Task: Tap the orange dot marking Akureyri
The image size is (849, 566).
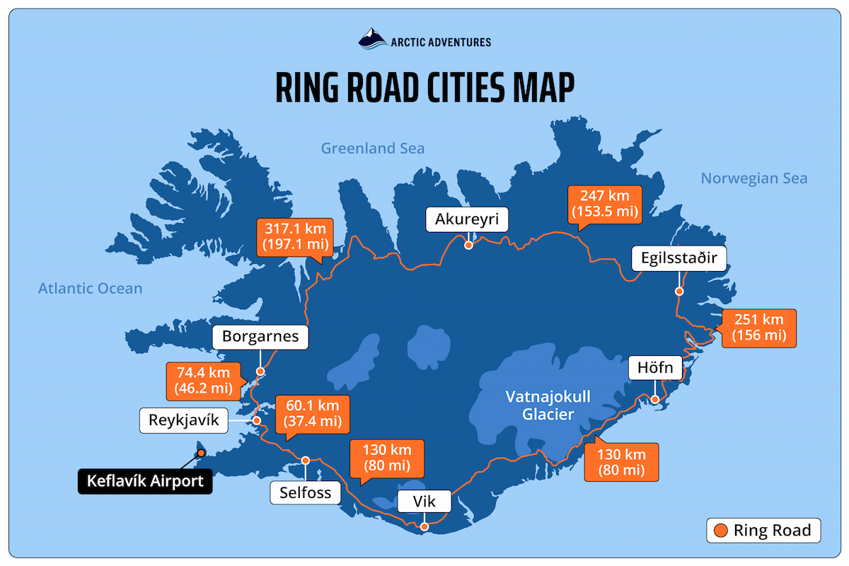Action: coord(468,246)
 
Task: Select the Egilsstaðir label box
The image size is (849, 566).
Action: coord(679,258)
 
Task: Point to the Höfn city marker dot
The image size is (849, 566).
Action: coord(655,400)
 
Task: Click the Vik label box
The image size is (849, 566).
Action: coord(424,502)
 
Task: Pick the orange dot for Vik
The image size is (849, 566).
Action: coord(424,526)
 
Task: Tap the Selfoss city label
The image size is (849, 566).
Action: coord(306,492)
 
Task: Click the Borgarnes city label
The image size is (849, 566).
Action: coord(260,337)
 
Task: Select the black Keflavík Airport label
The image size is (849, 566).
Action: coord(144,482)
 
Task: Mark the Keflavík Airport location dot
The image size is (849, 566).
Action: coord(201,453)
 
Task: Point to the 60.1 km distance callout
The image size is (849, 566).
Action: coord(312,414)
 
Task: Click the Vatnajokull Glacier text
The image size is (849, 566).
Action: coord(548,405)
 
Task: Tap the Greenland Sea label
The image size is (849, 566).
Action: coord(373,148)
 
